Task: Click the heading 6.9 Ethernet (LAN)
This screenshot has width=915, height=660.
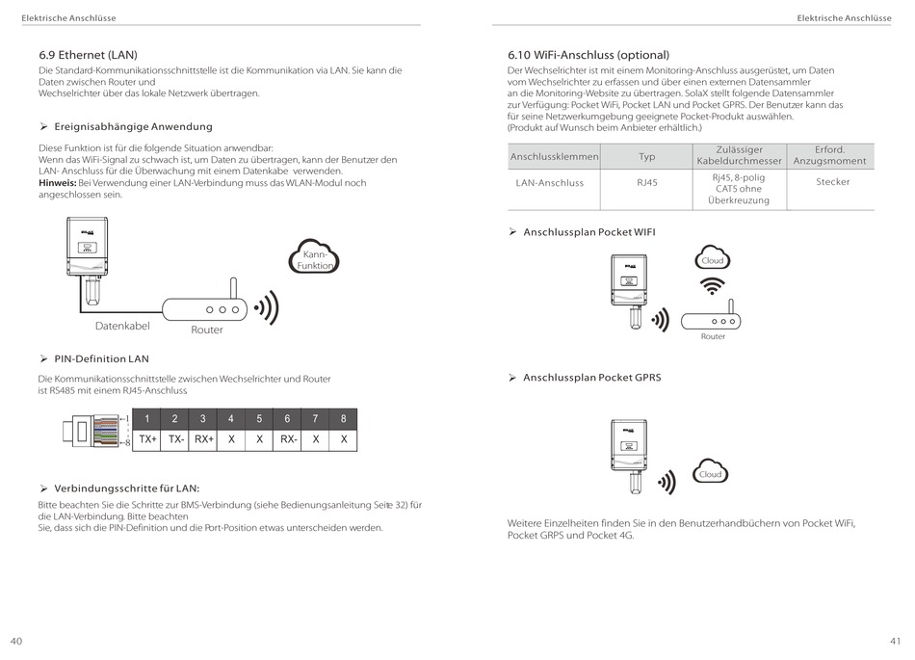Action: [x=88, y=55]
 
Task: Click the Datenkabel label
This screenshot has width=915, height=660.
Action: [x=122, y=326]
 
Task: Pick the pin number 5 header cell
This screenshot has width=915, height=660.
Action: [x=259, y=419]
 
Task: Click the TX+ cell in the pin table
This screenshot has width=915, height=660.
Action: [x=147, y=439]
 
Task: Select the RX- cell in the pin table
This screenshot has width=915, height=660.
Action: [x=288, y=439]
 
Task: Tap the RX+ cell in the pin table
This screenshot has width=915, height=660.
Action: [x=203, y=439]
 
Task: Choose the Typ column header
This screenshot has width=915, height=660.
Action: [x=646, y=156]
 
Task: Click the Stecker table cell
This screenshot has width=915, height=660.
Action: [x=832, y=182]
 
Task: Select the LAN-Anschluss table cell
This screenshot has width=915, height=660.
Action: [x=549, y=182]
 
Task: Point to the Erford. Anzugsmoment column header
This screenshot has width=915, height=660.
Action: [x=829, y=155]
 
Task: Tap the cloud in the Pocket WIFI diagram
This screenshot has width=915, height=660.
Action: [x=712, y=260]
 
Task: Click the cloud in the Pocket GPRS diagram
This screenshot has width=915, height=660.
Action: [x=710, y=473]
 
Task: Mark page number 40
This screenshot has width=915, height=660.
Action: [x=16, y=641]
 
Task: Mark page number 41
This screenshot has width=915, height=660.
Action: [x=895, y=641]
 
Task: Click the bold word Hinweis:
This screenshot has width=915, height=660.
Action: [x=57, y=182]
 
